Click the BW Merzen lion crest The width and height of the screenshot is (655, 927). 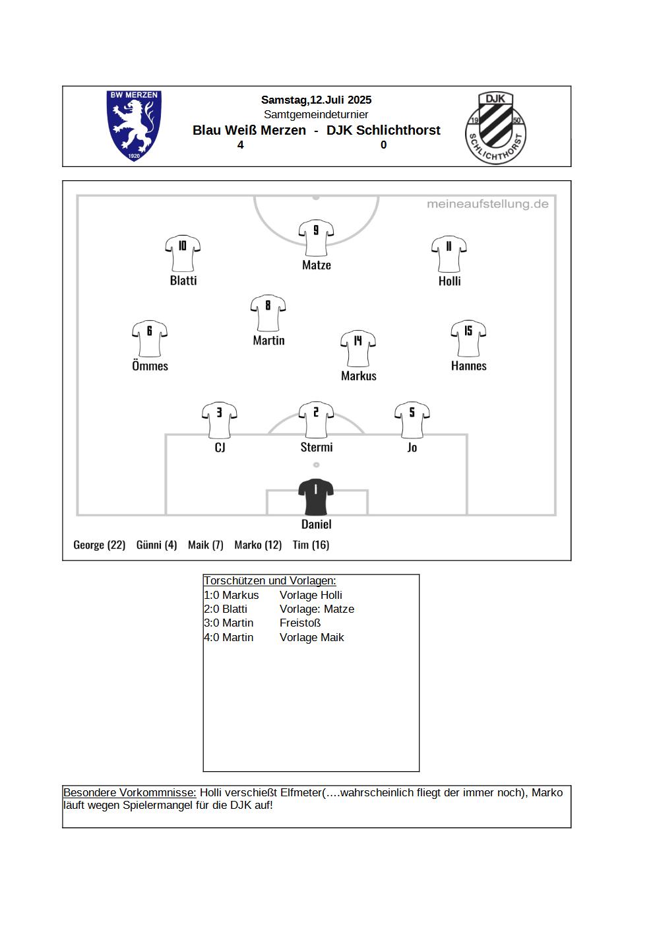134,126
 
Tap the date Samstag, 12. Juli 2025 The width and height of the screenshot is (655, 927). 317,100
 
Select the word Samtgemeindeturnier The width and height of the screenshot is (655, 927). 316,114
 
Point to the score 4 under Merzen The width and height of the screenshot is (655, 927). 240,145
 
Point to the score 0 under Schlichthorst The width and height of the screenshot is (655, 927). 384,145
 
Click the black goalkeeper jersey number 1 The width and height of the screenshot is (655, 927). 316,497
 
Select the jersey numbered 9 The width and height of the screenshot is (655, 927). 316,238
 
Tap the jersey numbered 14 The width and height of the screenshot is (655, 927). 358,349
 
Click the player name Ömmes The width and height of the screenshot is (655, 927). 150,366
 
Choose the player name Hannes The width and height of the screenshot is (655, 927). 468,366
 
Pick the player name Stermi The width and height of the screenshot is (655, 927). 317,448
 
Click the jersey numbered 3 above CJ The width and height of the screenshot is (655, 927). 220,420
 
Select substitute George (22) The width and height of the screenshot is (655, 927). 99,545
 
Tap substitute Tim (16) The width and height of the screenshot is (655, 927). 311,545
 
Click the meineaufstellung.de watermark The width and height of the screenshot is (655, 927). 487,204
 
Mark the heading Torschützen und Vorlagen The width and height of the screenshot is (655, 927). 270,580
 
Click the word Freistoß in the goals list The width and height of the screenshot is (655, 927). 300,623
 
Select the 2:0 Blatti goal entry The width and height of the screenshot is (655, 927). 226,609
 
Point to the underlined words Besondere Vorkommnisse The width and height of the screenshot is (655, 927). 130,793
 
